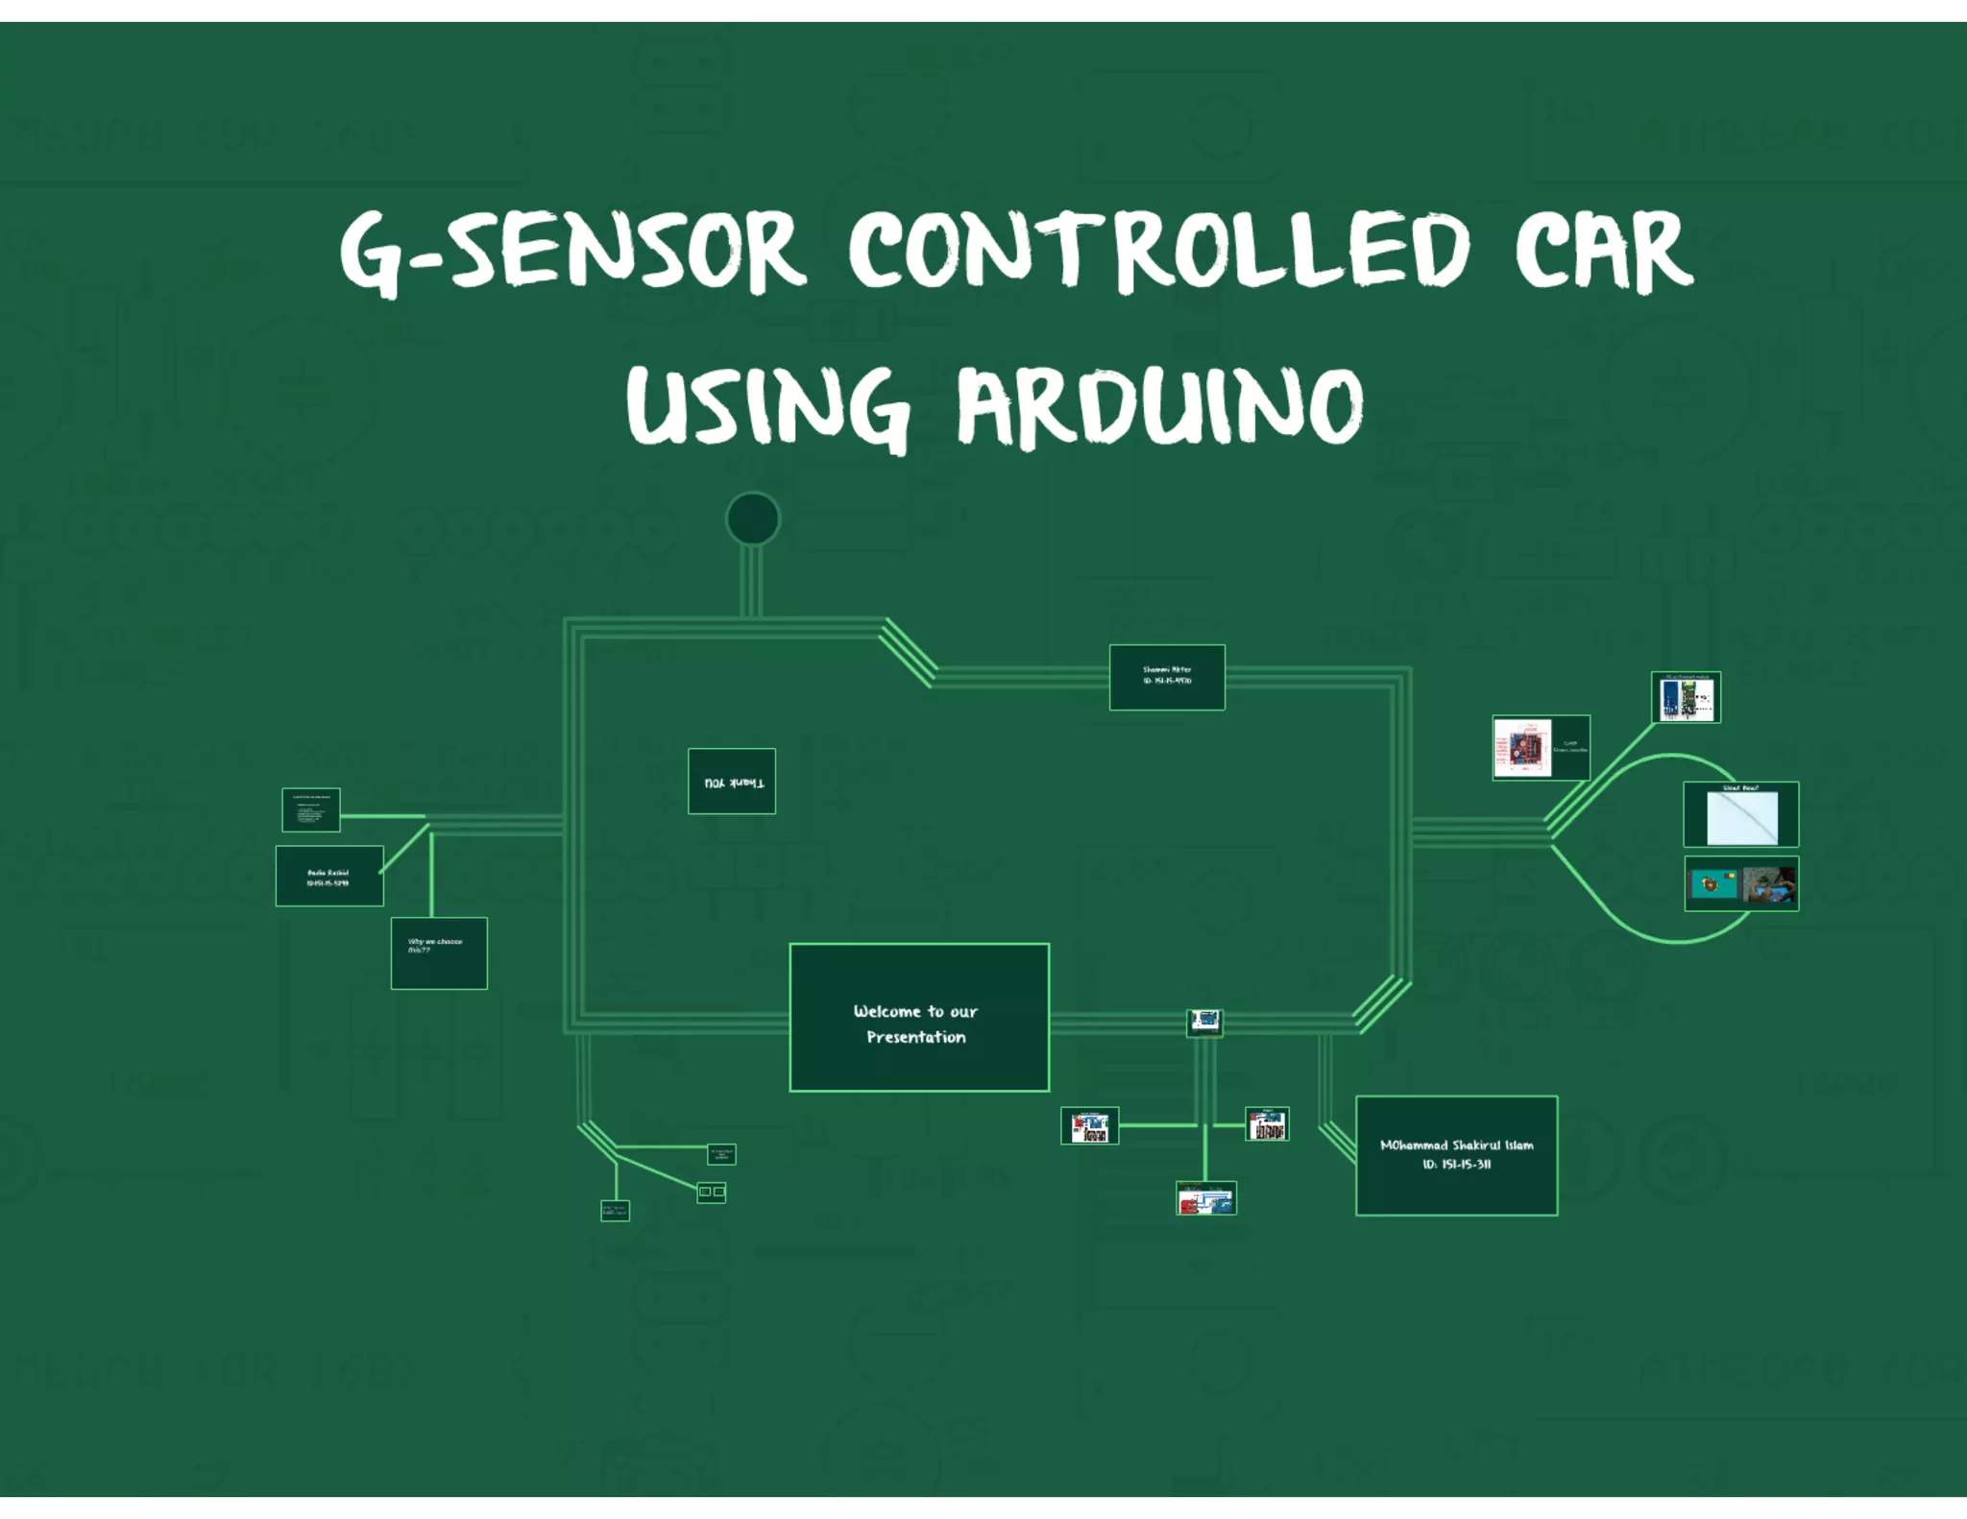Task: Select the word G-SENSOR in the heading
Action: (x=572, y=252)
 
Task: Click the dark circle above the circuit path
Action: (x=753, y=518)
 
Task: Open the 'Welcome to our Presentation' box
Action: (x=918, y=1017)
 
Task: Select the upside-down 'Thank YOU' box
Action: (x=732, y=781)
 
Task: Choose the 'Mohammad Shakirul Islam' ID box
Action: (x=1456, y=1155)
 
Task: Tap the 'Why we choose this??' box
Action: (x=439, y=952)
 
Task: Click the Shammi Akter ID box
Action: (x=1167, y=677)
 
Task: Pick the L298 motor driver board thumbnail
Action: (x=1541, y=747)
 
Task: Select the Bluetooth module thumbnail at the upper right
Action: (x=1686, y=697)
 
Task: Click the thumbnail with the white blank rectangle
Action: (x=1740, y=814)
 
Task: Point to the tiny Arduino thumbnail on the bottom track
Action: (x=1204, y=1021)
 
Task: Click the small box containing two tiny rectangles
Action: (x=711, y=1192)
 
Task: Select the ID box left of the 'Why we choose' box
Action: (x=329, y=876)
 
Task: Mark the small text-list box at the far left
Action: (x=311, y=809)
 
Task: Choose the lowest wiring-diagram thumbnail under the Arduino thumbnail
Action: (x=1206, y=1198)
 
